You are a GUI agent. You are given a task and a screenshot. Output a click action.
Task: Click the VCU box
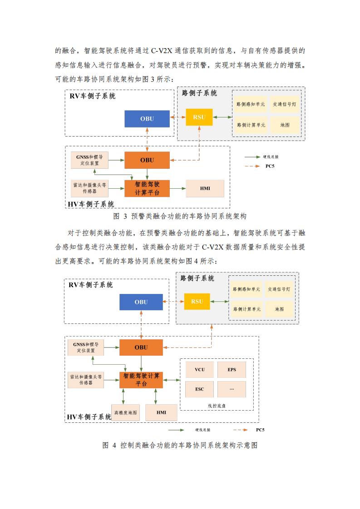click(x=199, y=370)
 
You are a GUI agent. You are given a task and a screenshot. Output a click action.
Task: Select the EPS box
click(x=232, y=370)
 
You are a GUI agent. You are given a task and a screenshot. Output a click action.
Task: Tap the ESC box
click(x=199, y=389)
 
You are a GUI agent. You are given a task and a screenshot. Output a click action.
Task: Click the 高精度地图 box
click(x=125, y=412)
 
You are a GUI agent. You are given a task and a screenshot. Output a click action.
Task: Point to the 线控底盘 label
click(x=217, y=406)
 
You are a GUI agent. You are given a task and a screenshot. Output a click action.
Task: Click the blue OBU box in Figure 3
click(x=147, y=119)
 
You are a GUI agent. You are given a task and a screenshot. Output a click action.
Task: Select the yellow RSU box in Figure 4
click(x=197, y=301)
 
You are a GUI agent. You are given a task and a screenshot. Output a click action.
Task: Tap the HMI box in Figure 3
click(x=205, y=188)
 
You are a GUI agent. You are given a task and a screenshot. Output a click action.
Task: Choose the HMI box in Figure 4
click(x=161, y=412)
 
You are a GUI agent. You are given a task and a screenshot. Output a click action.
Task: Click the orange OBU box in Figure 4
click(x=141, y=347)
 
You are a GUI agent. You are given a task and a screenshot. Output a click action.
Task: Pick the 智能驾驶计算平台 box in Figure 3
click(x=147, y=189)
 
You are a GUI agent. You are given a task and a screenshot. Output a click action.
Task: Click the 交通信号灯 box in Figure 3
click(x=284, y=104)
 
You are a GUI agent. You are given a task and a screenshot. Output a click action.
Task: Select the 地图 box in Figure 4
click(x=280, y=309)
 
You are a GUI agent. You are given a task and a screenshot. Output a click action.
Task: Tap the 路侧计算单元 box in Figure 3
click(x=251, y=125)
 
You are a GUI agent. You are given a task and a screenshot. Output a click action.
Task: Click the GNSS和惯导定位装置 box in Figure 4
click(x=86, y=347)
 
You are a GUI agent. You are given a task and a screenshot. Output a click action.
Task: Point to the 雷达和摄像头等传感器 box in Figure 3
click(x=89, y=188)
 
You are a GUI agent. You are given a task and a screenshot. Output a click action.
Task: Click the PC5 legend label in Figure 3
click(x=270, y=166)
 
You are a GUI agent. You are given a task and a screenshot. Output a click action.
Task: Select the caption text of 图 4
click(x=180, y=445)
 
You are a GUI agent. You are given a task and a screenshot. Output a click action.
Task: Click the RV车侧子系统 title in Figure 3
click(x=93, y=96)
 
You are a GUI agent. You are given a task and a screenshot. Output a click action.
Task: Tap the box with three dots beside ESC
click(x=232, y=389)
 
